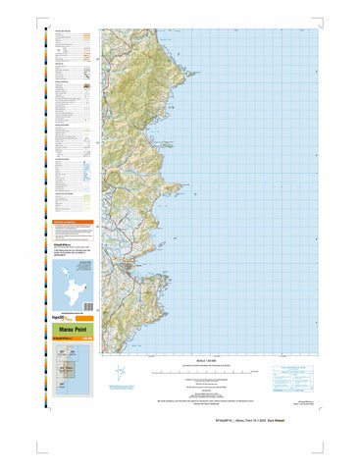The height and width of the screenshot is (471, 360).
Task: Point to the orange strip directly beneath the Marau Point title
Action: (75, 339)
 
